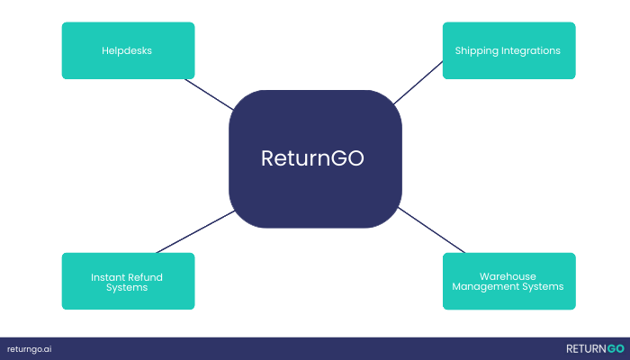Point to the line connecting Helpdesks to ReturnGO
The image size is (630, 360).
click(209, 94)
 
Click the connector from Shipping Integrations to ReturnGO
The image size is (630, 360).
click(418, 82)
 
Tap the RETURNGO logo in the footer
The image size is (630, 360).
click(595, 348)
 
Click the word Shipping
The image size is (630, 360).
click(475, 50)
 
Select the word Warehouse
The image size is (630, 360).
click(508, 276)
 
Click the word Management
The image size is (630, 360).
click(488, 287)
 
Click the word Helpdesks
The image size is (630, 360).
click(127, 50)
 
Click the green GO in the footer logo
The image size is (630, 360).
click(615, 348)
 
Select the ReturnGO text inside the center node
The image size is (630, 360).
click(314, 157)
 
